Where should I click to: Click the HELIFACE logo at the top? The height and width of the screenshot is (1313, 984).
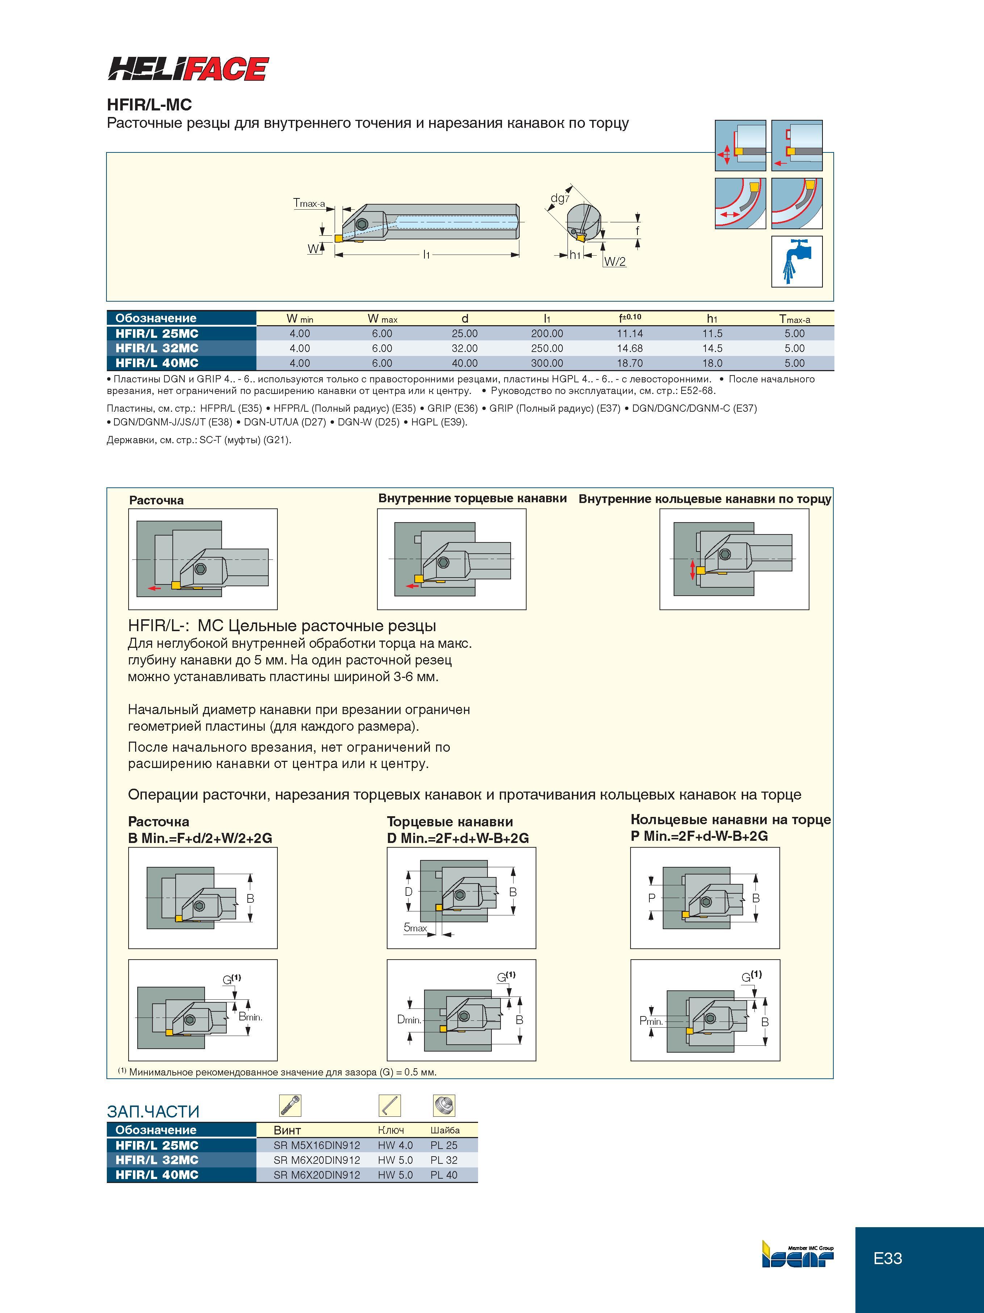[188, 69]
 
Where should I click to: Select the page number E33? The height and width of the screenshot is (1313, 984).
[888, 1258]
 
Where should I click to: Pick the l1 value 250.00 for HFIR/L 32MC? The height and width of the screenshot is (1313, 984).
[547, 348]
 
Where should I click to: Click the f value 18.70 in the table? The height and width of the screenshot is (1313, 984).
[629, 363]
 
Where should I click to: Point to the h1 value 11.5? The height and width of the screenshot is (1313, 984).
[712, 334]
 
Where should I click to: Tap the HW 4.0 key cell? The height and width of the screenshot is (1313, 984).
[395, 1146]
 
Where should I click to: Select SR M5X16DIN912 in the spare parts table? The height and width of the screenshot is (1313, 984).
[317, 1146]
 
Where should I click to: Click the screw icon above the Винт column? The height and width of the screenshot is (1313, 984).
[290, 1105]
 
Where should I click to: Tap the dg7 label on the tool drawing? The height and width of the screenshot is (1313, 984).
[560, 198]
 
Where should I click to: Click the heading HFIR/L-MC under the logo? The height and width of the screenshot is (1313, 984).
[149, 105]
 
